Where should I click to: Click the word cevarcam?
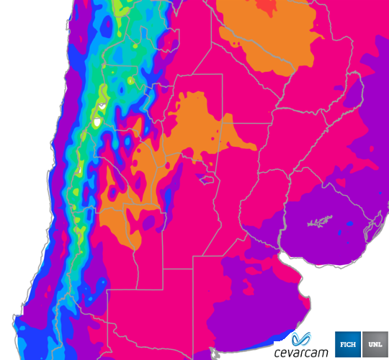[x=300, y=352]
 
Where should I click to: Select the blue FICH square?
[x=348, y=343]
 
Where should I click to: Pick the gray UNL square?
[x=375, y=343]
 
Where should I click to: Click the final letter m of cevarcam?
[x=322, y=353]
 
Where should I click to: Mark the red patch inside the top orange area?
[x=268, y=7]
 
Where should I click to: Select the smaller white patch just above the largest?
[x=103, y=106]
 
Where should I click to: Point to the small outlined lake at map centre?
[x=208, y=178]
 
